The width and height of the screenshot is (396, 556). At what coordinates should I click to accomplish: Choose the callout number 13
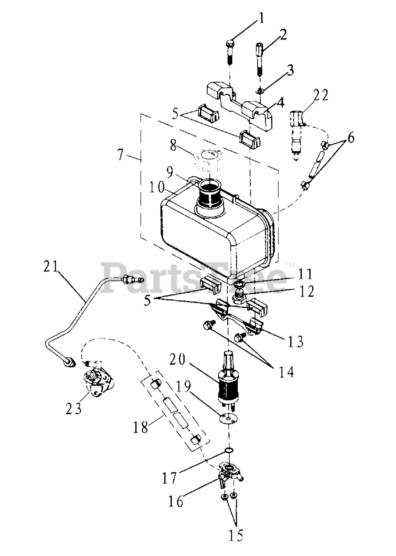point(296,342)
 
